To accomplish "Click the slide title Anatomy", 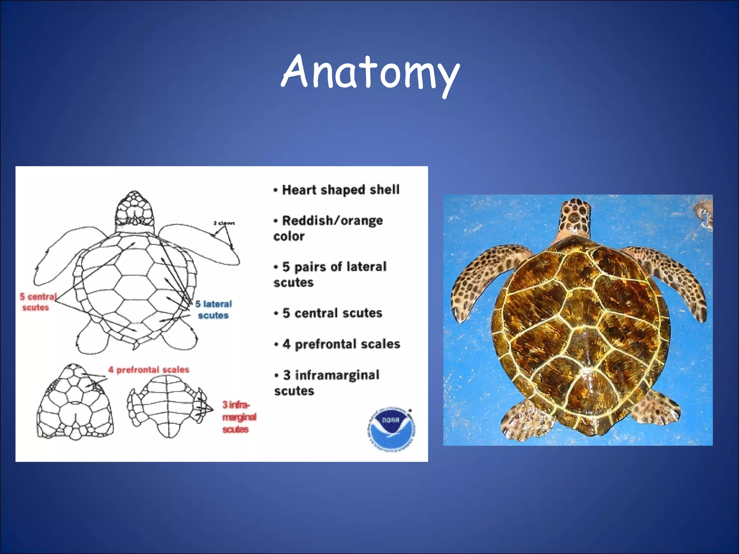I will [370, 72].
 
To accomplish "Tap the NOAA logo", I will [392, 429].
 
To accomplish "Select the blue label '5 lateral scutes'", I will [214, 309].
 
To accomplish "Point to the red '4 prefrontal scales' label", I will [149, 370].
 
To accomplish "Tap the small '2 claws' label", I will [224, 223].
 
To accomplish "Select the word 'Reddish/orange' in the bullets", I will [332, 220].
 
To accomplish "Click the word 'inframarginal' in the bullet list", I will [337, 375].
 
